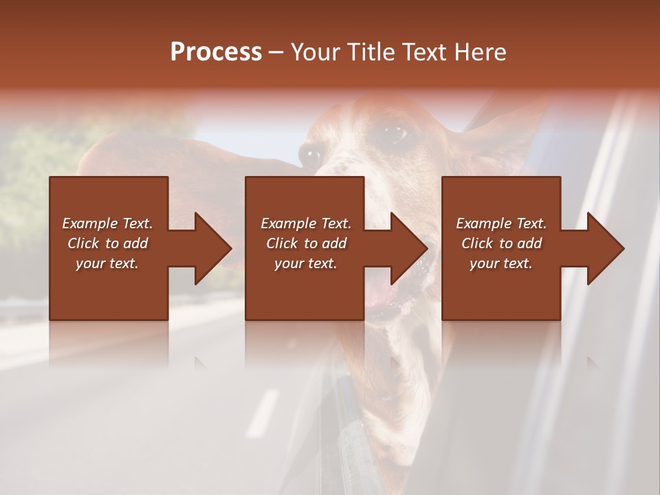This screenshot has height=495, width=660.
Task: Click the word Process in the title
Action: click(216, 52)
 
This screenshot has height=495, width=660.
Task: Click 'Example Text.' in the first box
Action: click(107, 223)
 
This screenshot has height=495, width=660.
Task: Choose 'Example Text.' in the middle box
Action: click(306, 223)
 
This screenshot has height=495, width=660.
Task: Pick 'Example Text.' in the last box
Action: click(501, 223)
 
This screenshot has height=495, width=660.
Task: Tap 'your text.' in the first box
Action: click(107, 263)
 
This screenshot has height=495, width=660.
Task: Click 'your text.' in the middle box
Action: click(306, 263)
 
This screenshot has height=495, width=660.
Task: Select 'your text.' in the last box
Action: click(501, 263)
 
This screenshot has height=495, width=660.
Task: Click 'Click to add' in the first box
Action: click(107, 243)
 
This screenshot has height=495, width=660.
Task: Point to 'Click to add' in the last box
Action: click(501, 243)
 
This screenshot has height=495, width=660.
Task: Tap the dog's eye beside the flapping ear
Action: click(311, 157)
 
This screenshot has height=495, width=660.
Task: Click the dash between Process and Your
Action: click(276, 53)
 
